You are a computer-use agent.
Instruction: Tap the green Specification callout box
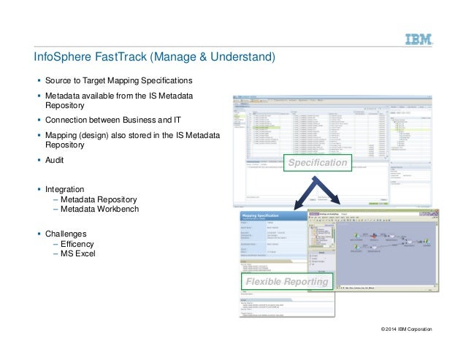point(317,163)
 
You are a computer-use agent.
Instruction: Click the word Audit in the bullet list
point(56,158)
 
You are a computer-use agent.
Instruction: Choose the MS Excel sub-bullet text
point(78,254)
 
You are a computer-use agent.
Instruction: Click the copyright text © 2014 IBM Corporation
point(402,330)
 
